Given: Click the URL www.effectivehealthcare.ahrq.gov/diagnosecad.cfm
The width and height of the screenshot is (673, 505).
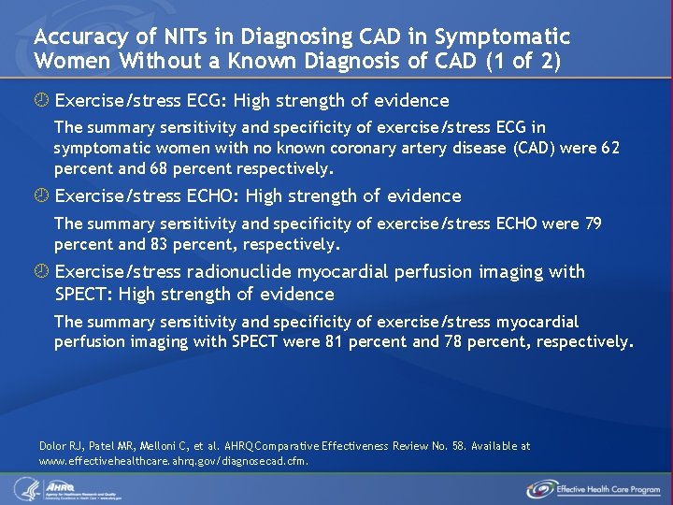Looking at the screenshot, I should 174,461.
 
